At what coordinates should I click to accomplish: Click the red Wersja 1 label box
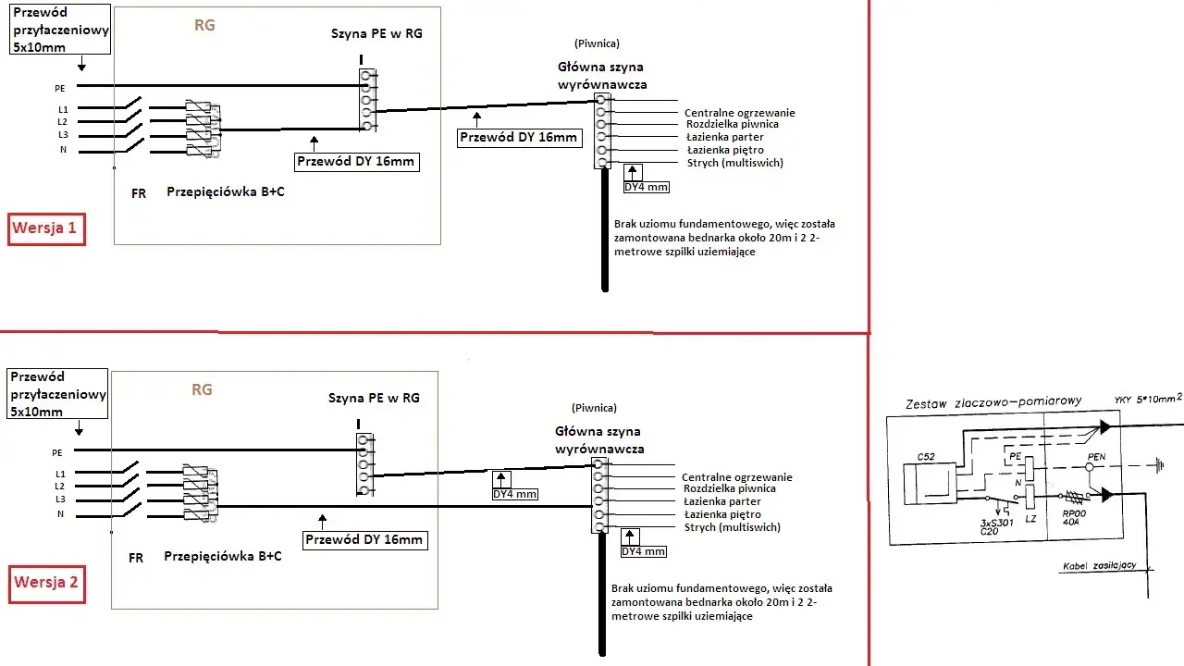46,228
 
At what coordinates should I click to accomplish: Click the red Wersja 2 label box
45,583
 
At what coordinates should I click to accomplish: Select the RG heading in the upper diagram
204,26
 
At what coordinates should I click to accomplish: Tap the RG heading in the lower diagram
202,389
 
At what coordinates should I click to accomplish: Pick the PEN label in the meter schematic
1097,456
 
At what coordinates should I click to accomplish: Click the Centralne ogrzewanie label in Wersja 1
740,113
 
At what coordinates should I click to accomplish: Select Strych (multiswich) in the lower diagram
733,527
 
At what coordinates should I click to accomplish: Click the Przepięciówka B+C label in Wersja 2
223,556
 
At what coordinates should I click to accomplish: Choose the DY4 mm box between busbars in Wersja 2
514,494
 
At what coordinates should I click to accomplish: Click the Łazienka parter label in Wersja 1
724,137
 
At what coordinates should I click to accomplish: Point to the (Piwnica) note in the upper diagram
596,43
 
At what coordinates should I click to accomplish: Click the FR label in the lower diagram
136,558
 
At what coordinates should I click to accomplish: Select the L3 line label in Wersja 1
62,134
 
